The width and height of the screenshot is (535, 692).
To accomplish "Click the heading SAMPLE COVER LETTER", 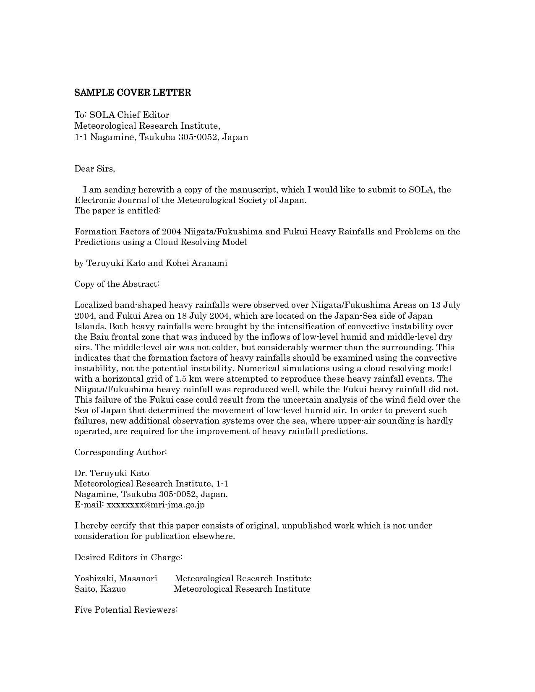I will (x=133, y=93).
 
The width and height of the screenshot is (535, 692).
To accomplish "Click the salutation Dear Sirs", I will (x=94, y=169).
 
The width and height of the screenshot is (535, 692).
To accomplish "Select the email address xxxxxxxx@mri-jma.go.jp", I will (x=155, y=505).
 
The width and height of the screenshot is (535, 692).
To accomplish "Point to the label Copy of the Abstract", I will (x=117, y=284).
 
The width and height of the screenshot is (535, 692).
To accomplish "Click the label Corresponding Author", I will (x=121, y=453).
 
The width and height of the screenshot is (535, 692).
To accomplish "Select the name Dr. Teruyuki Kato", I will (x=112, y=473).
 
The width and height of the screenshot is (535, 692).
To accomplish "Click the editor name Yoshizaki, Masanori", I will (x=116, y=579).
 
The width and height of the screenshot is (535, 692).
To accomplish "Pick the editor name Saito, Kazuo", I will (x=100, y=589).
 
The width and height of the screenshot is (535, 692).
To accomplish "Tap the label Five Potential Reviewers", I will (x=126, y=610).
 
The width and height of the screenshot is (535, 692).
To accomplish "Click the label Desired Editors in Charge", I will (x=128, y=558).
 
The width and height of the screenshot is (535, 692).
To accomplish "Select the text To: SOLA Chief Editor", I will (x=122, y=115).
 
